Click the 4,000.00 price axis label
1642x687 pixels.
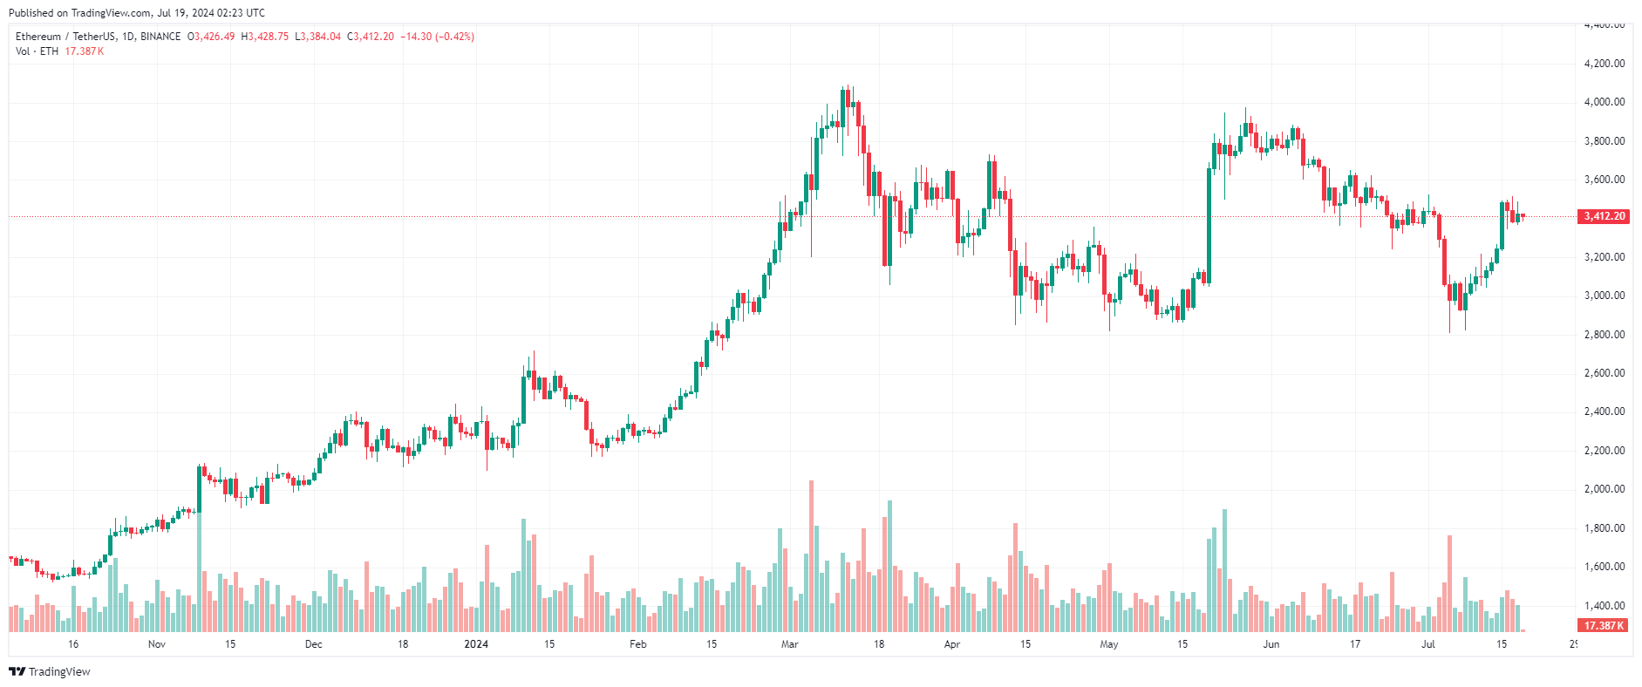tap(1604, 102)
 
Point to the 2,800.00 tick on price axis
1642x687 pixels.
tap(1604, 335)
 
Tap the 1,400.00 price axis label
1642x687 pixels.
tap(1604, 606)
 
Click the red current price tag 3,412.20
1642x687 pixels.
tap(1604, 216)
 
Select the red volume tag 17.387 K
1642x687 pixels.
tap(1604, 626)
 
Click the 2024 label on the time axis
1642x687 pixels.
tap(476, 645)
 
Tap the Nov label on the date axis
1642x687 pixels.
tap(157, 645)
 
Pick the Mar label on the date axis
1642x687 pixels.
tap(789, 645)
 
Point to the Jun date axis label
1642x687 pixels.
tap(1271, 645)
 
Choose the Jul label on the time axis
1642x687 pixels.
tap(1428, 645)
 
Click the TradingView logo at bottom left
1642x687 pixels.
tap(50, 672)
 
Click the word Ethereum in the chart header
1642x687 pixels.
tap(38, 37)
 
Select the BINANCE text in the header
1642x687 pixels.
tap(160, 37)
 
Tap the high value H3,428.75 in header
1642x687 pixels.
tap(265, 37)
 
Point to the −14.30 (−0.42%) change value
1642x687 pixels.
tap(437, 37)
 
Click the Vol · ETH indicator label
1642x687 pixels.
tap(37, 51)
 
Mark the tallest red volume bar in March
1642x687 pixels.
tap(811, 556)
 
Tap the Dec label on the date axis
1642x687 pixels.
tap(314, 645)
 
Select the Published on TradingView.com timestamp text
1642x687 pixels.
tap(137, 13)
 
